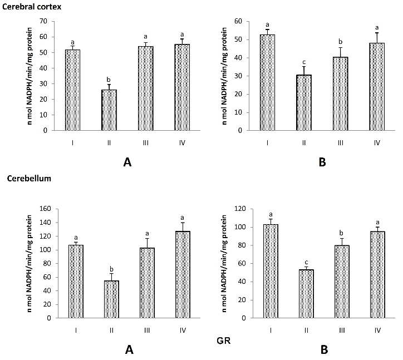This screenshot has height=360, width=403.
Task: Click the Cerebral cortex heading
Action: tap(32, 7)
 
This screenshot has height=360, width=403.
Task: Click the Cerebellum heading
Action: tap(29, 178)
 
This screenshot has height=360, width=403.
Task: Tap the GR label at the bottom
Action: tap(224, 341)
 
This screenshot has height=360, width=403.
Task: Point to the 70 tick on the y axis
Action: tap(43, 21)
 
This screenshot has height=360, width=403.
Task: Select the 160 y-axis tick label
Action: tap(46, 209)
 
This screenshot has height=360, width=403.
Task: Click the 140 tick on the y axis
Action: tap(46, 222)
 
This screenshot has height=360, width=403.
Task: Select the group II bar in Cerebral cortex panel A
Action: tap(109, 110)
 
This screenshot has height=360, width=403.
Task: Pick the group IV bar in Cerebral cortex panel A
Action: tap(182, 87)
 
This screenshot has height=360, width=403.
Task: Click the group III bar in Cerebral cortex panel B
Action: tap(340, 94)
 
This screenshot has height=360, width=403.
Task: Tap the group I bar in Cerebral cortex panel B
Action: tap(267, 82)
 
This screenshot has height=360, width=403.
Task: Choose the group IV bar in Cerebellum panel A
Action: tap(183, 275)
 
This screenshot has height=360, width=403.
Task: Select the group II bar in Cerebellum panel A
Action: tap(111, 299)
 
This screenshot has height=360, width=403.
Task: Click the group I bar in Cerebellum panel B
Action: tap(271, 271)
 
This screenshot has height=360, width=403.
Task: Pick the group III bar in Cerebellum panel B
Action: tap(342, 282)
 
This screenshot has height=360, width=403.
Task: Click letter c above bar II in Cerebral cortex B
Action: tap(304, 62)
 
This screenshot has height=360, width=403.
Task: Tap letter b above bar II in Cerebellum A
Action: tap(111, 269)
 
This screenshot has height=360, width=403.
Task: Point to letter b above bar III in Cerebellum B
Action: tap(342, 233)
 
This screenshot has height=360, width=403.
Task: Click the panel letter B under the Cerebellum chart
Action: tap(325, 350)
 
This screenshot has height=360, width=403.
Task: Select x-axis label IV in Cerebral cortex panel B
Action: tap(377, 143)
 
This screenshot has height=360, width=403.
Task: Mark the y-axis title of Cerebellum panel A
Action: tap(30, 264)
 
